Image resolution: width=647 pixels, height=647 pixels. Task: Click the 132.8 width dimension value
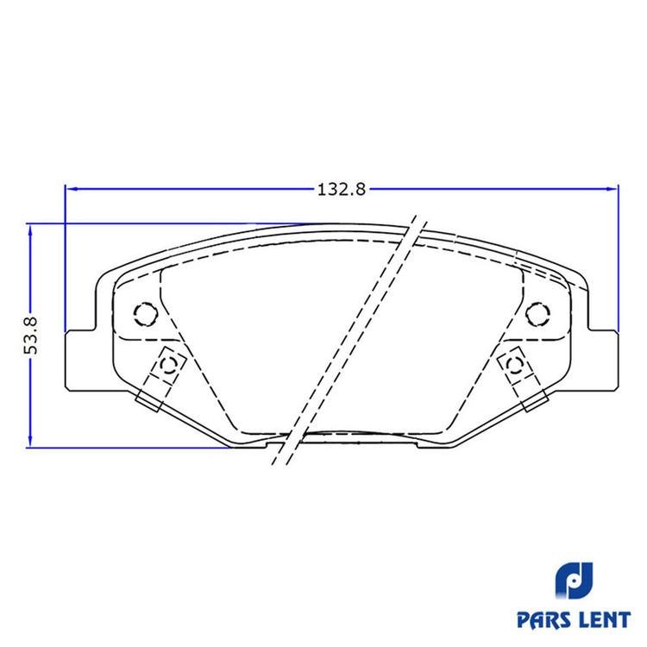[342, 190]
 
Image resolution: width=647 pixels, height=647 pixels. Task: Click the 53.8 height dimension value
[31, 336]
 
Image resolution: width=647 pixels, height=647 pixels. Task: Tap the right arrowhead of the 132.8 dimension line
[612, 189]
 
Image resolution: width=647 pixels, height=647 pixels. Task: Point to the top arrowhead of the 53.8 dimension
[29, 230]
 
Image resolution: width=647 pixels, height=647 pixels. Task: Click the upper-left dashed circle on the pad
[146, 314]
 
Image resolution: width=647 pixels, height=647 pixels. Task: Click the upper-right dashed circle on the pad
[537, 314]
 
